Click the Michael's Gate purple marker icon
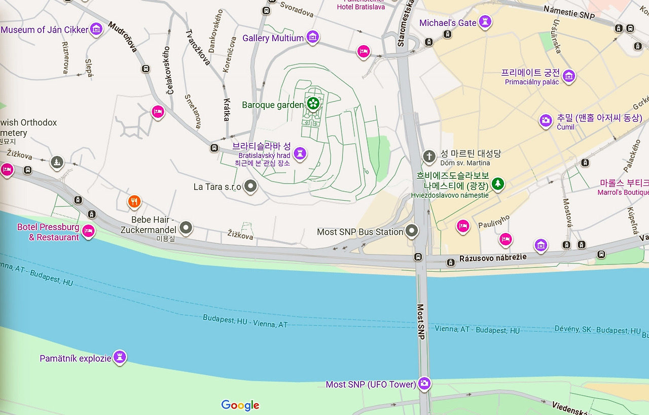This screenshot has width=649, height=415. (x=485, y=22)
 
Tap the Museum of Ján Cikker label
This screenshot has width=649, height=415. (x=45, y=30)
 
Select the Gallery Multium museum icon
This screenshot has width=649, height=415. (x=313, y=37)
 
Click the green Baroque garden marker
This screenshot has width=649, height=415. (x=313, y=104)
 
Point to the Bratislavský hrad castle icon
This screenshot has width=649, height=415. (x=300, y=152)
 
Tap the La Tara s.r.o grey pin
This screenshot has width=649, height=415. (x=250, y=186)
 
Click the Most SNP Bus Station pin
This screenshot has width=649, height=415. (x=412, y=231)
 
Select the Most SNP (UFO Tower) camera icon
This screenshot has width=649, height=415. (x=425, y=384)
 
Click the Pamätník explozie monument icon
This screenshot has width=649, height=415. (x=120, y=357)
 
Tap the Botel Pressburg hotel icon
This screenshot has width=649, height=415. (x=89, y=231)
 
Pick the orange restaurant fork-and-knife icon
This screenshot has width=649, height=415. (x=134, y=202)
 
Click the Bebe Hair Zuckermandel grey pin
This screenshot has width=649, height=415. (x=186, y=228)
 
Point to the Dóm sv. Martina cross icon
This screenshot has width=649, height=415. (x=429, y=156)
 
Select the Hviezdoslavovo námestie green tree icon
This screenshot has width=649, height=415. (x=498, y=183)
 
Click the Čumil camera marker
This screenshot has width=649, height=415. (x=546, y=121)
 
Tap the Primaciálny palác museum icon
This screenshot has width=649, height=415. (x=569, y=76)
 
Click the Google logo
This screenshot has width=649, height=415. (x=240, y=405)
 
